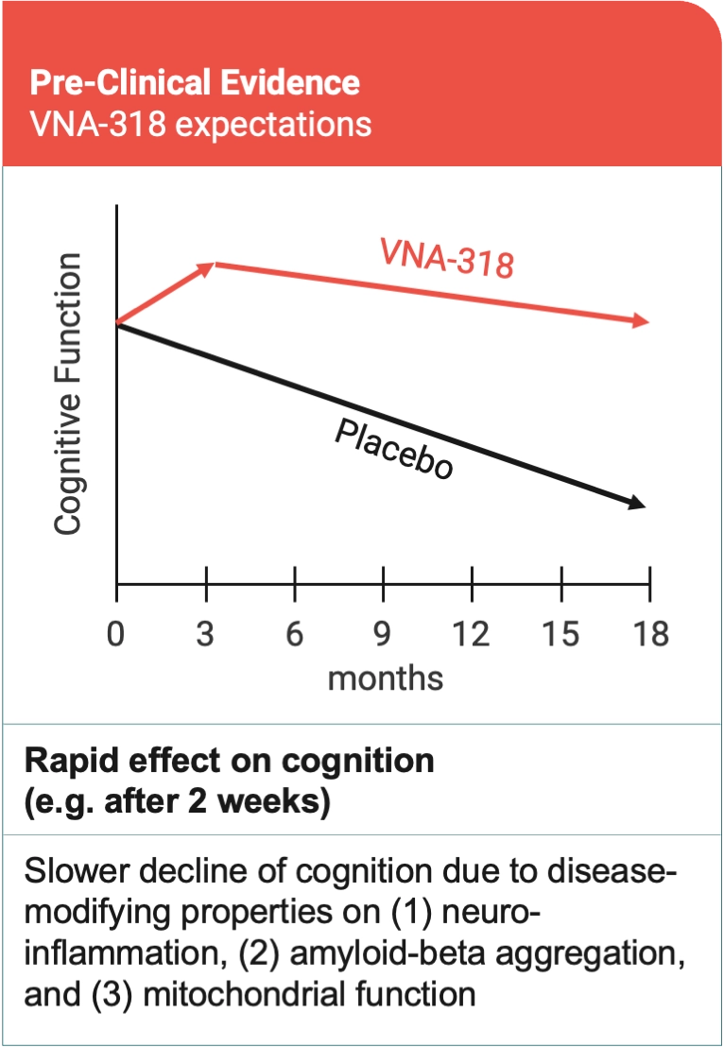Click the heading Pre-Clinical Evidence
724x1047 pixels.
coord(195,82)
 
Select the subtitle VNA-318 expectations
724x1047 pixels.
coord(200,125)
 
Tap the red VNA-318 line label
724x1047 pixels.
coord(447,257)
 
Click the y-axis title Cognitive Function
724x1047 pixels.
coord(68,393)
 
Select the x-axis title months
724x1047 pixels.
coord(385,678)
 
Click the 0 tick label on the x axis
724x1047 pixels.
coord(115,634)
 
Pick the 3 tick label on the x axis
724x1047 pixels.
coord(205,634)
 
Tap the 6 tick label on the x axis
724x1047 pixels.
coord(295,634)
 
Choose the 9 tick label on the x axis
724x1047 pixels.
coord(383,634)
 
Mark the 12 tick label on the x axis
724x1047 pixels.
coord(470,634)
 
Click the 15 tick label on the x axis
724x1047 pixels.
coord(560,634)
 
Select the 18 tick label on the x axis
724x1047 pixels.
coord(648,634)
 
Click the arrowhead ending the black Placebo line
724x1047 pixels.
coord(638,504)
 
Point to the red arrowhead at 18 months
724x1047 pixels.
coord(641,322)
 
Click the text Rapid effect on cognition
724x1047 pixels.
coord(230,762)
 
